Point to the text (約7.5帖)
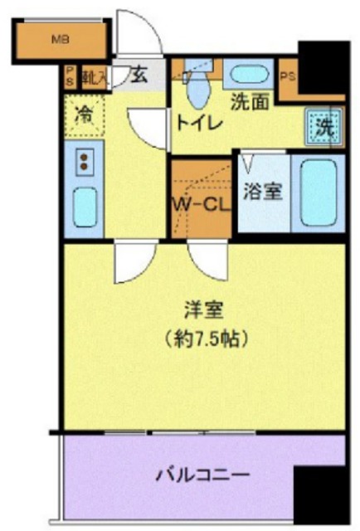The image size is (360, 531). [205, 339]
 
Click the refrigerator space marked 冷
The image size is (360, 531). [85, 116]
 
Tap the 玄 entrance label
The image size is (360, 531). [139, 77]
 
